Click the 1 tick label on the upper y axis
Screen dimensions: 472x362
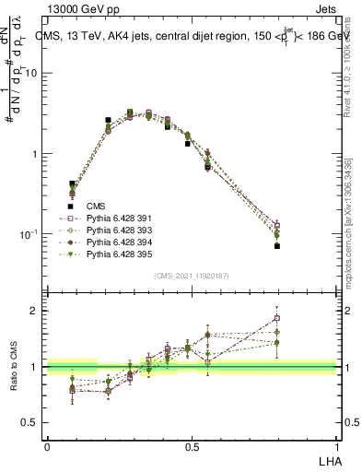(37, 154)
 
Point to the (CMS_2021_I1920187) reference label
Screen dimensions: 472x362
(191, 276)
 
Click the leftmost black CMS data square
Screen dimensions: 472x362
(73, 183)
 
